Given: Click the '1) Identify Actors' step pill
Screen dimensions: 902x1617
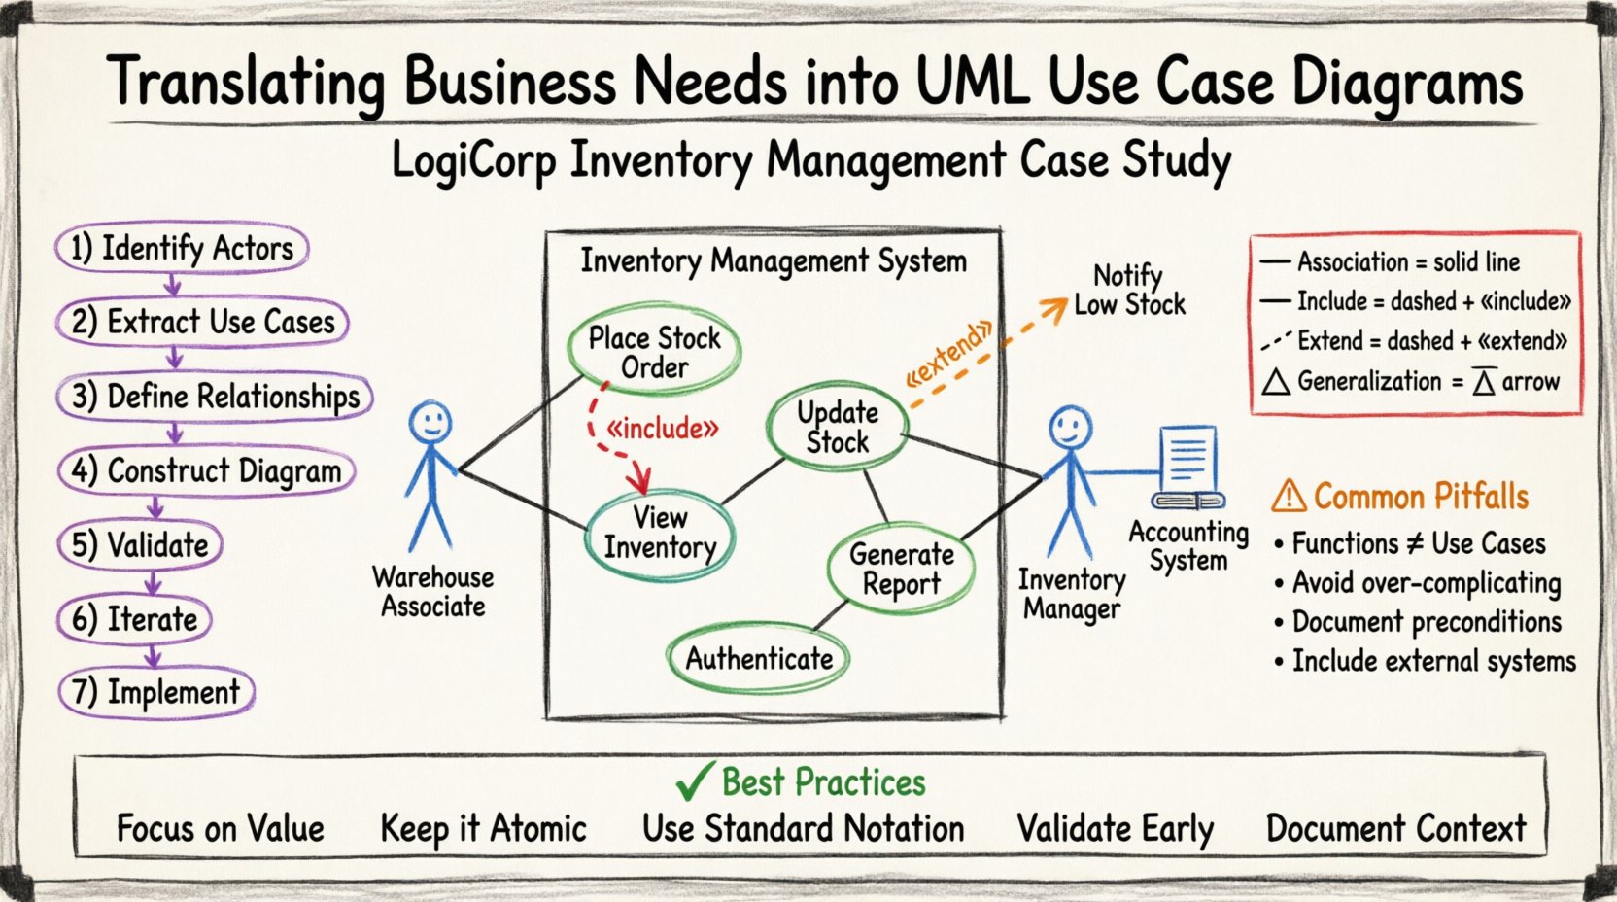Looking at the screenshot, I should coord(182,249).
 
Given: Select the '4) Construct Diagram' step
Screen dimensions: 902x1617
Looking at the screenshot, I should coord(206,471).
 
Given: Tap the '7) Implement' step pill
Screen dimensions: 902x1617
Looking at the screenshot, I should coord(155,693).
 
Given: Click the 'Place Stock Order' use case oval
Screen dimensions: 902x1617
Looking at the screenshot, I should coord(654,353).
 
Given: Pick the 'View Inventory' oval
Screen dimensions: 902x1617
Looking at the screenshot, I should coord(660,533).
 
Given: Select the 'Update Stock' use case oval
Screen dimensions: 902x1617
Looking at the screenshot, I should coord(837,428).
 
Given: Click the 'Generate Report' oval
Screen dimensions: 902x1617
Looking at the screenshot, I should coord(901,570).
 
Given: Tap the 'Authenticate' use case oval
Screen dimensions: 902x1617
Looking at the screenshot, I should coord(759,659).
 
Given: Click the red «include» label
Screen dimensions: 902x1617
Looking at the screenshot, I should coord(662,429).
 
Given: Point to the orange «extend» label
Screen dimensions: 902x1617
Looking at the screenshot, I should coord(948,354).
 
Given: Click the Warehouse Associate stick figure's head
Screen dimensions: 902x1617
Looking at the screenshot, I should coord(429,423).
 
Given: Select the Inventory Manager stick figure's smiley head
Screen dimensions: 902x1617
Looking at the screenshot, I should coord(1070,427).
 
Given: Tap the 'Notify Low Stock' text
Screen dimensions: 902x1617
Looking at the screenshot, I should coord(1128,290).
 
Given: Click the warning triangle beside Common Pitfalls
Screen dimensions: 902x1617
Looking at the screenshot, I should coord(1289,497).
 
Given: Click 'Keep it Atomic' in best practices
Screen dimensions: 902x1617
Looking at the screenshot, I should coord(483,829).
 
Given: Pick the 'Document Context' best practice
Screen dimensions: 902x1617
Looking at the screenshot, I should coord(1395,829).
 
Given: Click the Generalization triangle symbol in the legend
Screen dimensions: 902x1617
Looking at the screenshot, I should coord(1276,382).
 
